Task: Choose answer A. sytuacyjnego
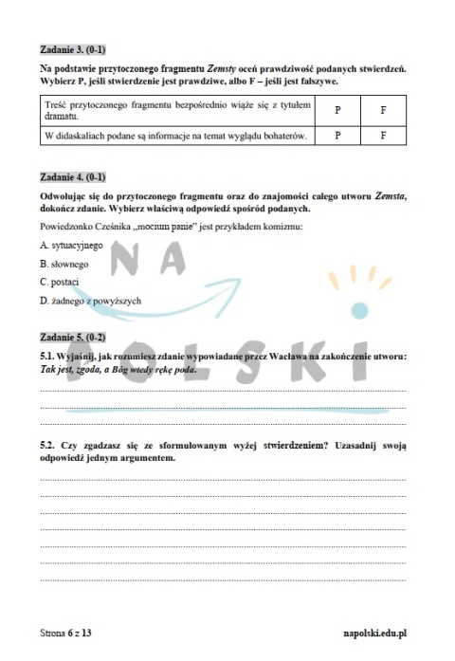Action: (x=71, y=245)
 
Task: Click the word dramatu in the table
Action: (x=60, y=116)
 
